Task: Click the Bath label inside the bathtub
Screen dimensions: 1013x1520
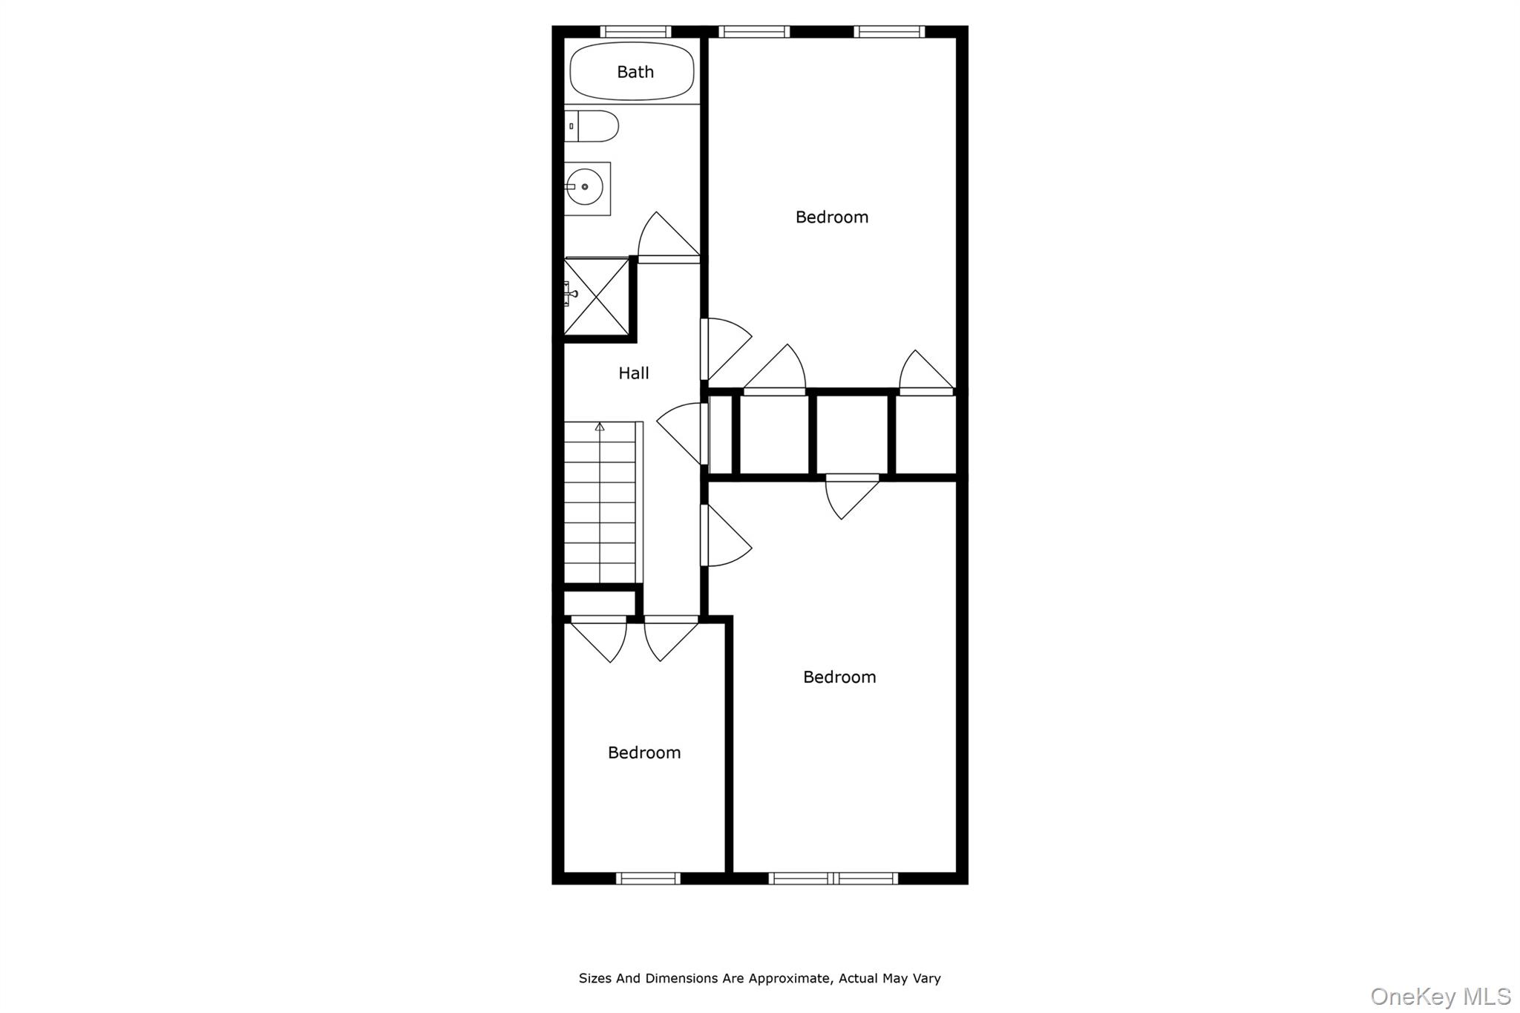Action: click(x=635, y=72)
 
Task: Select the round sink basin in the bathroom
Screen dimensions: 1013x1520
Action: click(x=584, y=187)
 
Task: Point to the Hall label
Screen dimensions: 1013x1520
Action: click(x=634, y=373)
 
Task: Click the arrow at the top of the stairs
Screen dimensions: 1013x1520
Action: click(x=600, y=427)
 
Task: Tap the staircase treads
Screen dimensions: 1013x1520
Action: click(x=600, y=505)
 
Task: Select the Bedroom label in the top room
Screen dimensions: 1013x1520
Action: click(x=831, y=217)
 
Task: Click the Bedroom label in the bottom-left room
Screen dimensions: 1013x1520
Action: click(x=643, y=753)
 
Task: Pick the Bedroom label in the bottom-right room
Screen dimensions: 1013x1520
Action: click(x=839, y=678)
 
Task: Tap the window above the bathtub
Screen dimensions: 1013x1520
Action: click(x=635, y=31)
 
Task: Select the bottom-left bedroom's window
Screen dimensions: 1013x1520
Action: click(x=648, y=879)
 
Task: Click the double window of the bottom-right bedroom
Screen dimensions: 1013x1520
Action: click(x=833, y=879)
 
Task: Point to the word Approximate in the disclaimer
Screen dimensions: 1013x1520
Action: click(x=788, y=979)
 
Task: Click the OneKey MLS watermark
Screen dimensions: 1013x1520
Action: click(x=1441, y=996)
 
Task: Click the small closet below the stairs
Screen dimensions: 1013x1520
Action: click(x=600, y=603)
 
